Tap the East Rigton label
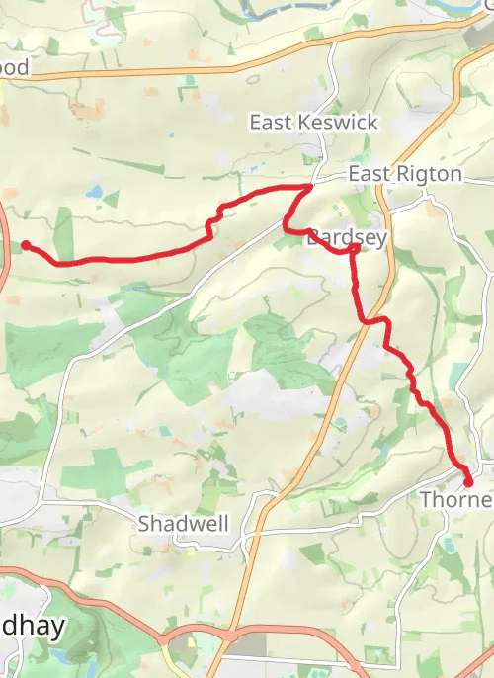click(404, 174)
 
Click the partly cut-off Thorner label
click(456, 499)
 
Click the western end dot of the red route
click(26, 245)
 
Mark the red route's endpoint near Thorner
click(468, 482)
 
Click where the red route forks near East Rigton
click(310, 186)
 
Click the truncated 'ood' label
click(15, 68)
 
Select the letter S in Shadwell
click(143, 523)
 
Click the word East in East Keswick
click(268, 123)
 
